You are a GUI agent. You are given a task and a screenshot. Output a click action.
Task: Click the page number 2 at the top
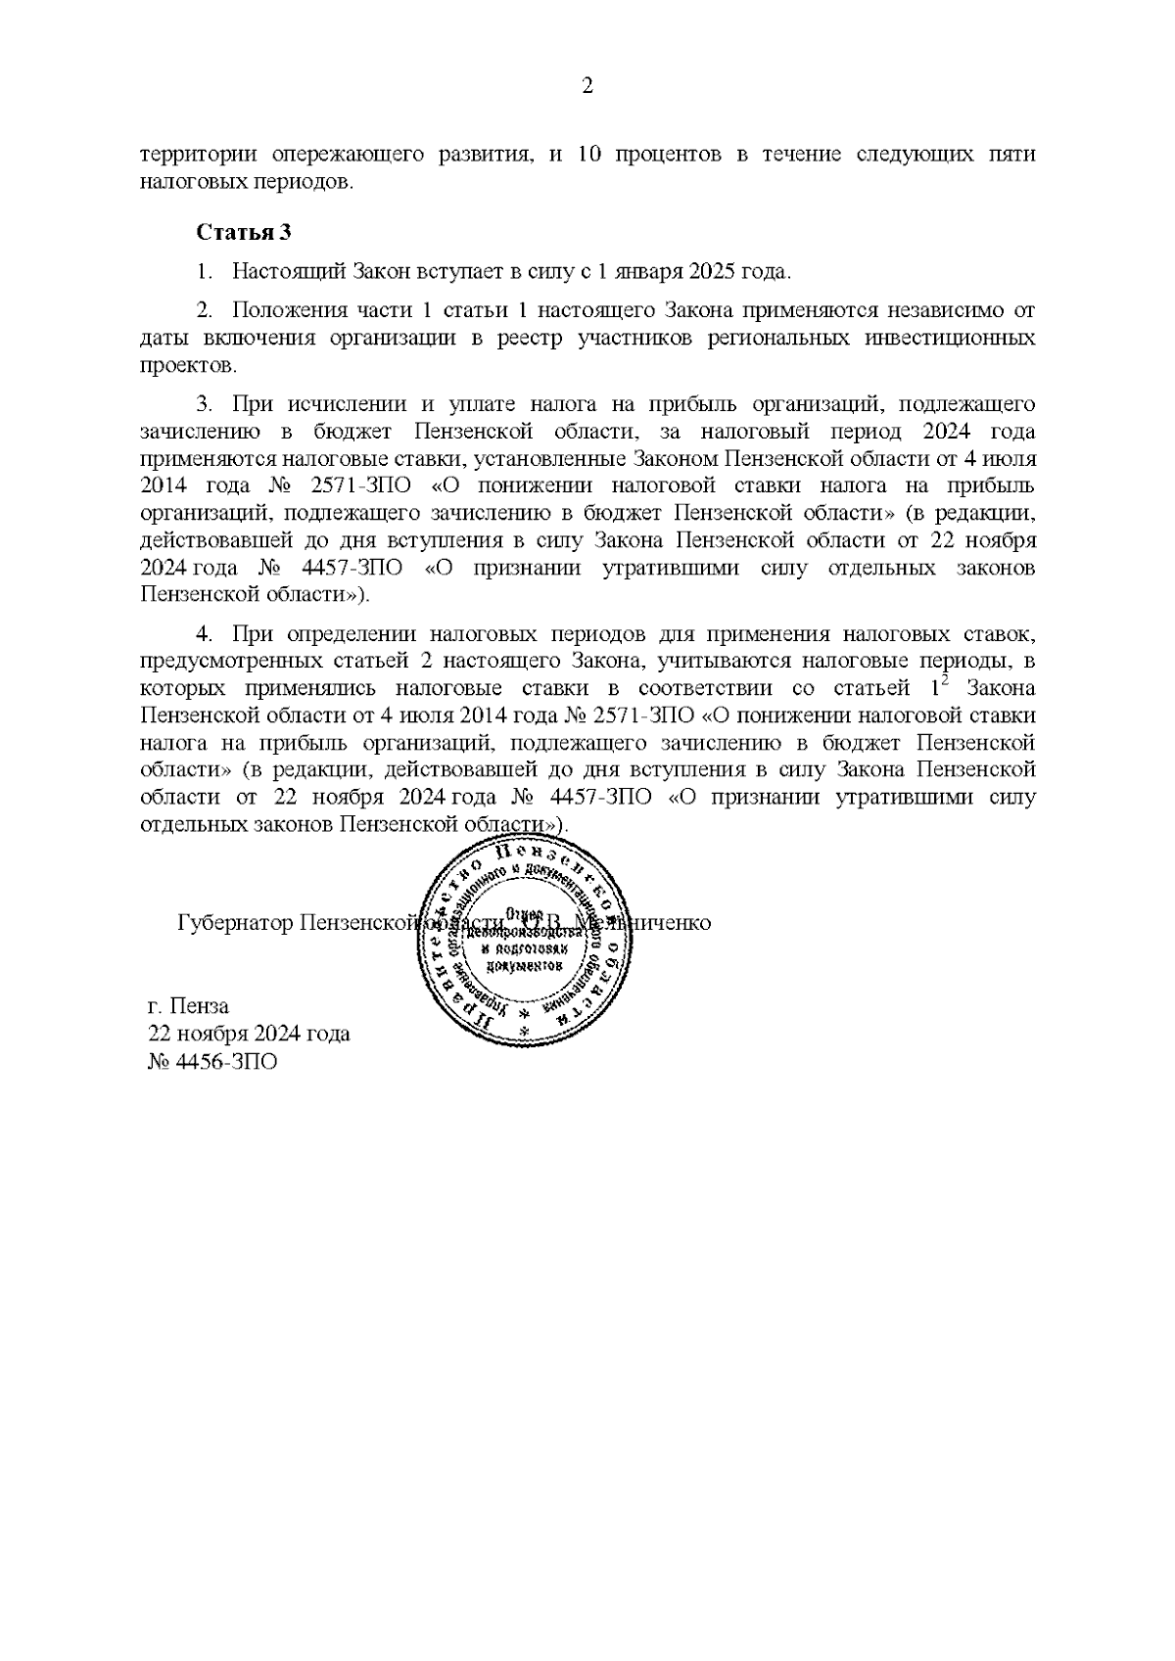tap(587, 87)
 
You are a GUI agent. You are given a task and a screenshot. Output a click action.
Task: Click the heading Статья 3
tap(244, 233)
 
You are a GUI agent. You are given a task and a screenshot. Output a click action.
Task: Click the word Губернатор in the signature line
tap(235, 923)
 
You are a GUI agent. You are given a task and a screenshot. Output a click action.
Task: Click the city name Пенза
tap(200, 1005)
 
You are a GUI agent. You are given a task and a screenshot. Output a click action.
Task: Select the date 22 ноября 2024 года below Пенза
tap(249, 1034)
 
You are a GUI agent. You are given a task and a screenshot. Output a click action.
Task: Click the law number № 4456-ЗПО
tap(211, 1062)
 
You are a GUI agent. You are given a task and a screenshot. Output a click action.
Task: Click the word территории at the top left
tap(197, 155)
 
